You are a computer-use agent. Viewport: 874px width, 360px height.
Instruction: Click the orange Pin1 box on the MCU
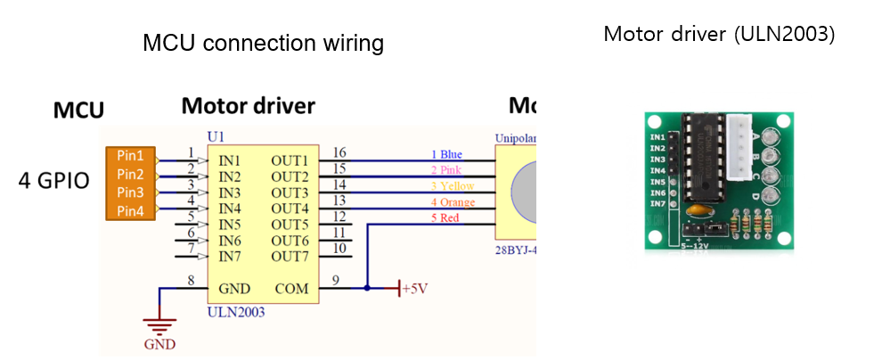tap(131, 155)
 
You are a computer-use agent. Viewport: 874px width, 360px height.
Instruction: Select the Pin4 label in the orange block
tap(131, 209)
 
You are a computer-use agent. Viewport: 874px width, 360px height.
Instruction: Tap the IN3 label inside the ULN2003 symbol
tap(231, 192)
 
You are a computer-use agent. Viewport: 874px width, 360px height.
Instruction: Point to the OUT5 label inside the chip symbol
tap(291, 225)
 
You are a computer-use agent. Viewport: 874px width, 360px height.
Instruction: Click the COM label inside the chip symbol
tap(291, 289)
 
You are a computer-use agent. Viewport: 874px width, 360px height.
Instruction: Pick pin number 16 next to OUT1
tap(339, 152)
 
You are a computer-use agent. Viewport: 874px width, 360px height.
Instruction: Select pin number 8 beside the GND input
tap(191, 281)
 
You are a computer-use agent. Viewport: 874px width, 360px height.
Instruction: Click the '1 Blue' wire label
tap(446, 154)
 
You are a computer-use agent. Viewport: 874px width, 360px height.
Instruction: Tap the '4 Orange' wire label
tap(453, 202)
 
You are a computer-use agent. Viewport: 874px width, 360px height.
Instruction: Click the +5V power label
tap(415, 290)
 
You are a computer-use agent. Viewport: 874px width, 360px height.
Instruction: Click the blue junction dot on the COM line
tap(367, 289)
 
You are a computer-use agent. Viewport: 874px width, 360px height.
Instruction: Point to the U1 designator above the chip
tap(216, 135)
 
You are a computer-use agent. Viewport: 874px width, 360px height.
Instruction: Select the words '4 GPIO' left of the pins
tap(54, 182)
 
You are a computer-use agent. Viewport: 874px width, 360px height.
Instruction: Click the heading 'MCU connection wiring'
tap(263, 44)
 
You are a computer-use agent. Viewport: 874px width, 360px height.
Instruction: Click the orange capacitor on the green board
tap(697, 212)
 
